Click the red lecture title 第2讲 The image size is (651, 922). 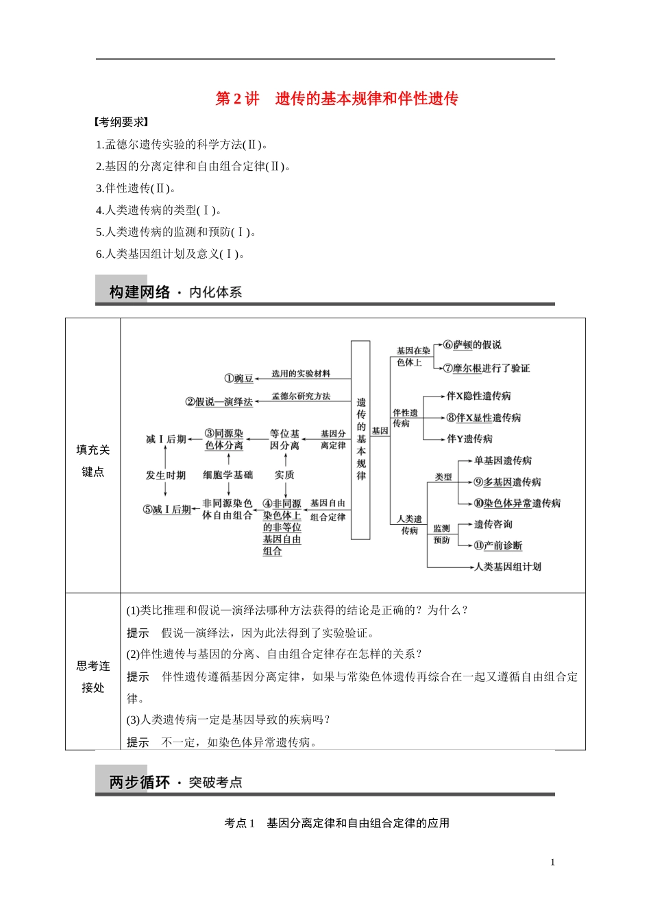point(237,99)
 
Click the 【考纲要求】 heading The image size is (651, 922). point(121,122)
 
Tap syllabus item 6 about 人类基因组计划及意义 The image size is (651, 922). point(170,254)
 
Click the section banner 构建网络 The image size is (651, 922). point(139,292)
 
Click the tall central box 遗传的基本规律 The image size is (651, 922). point(361,439)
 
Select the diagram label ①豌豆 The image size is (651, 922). point(238,378)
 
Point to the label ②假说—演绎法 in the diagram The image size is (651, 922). point(219,401)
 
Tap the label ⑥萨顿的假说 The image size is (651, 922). point(472,345)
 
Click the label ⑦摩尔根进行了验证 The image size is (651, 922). point(487,368)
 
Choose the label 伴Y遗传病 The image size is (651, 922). point(469,439)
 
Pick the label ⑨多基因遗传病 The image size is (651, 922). point(507,482)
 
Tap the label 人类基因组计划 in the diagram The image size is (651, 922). point(508,567)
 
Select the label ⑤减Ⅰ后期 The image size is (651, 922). point(167,510)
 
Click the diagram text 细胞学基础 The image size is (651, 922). point(228,475)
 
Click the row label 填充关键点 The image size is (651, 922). point(93,460)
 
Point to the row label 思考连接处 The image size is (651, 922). point(93,676)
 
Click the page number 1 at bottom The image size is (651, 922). point(552,862)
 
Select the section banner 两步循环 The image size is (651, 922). point(139,782)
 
